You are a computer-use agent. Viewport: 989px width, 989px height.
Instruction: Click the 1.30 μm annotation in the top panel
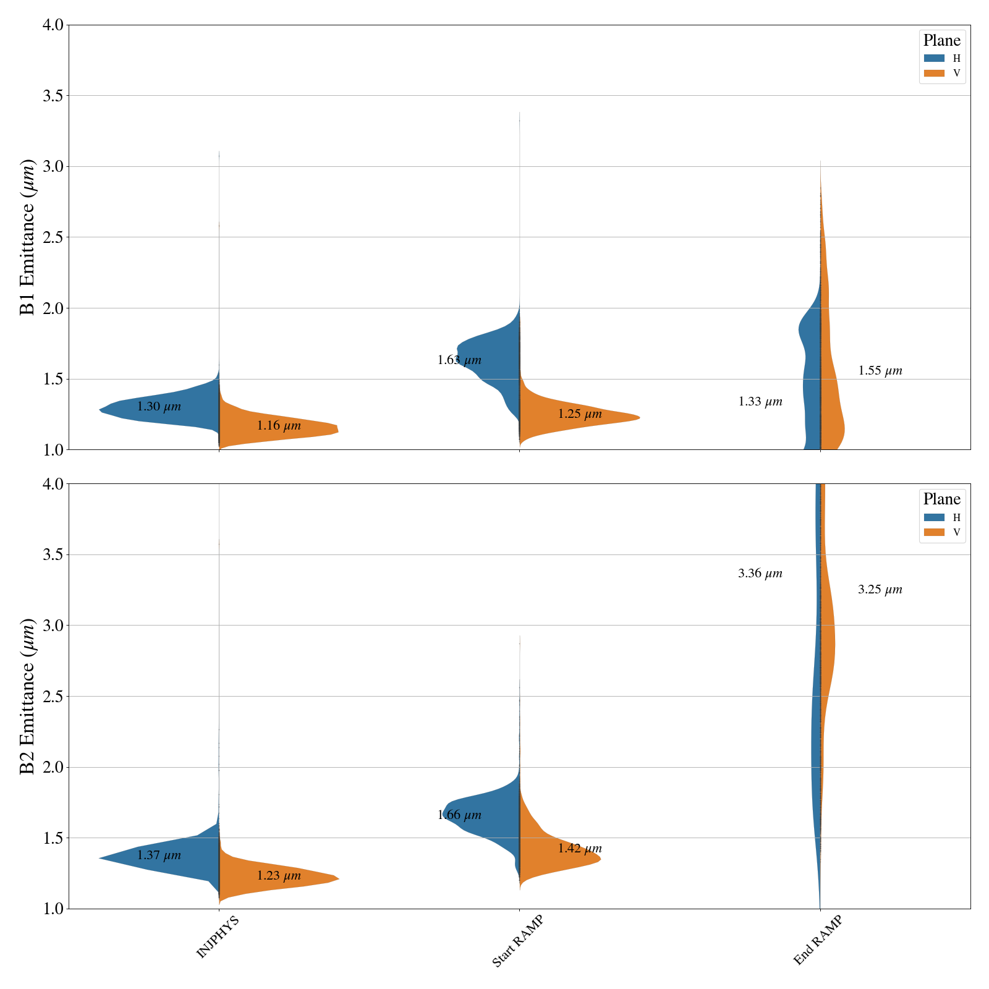[x=159, y=407]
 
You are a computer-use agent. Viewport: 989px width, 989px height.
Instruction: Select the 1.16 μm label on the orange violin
[x=279, y=425]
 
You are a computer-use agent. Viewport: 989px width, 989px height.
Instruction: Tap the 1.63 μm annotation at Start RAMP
[x=459, y=360]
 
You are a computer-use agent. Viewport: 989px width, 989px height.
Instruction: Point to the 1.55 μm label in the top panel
[x=880, y=371]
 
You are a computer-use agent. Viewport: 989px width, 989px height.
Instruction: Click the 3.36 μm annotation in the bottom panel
[x=760, y=574]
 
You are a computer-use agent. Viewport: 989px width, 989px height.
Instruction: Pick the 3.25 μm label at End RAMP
[x=880, y=590]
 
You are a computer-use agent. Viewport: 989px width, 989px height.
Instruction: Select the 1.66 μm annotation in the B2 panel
[x=459, y=815]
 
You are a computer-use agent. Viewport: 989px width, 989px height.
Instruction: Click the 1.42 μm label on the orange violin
[x=580, y=849]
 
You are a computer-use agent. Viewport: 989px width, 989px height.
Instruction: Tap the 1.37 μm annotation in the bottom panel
[x=159, y=855]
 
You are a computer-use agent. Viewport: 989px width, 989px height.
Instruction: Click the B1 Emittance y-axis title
[x=28, y=237]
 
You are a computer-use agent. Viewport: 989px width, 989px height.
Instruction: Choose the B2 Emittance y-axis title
[x=28, y=696]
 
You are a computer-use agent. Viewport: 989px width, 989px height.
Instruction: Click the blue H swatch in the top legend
[x=934, y=59]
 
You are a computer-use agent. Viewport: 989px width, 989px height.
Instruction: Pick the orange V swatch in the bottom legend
[x=934, y=532]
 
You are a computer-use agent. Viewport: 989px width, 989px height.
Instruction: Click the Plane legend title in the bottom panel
[x=941, y=499]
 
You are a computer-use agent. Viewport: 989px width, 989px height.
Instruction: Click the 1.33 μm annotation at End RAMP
[x=760, y=402]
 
